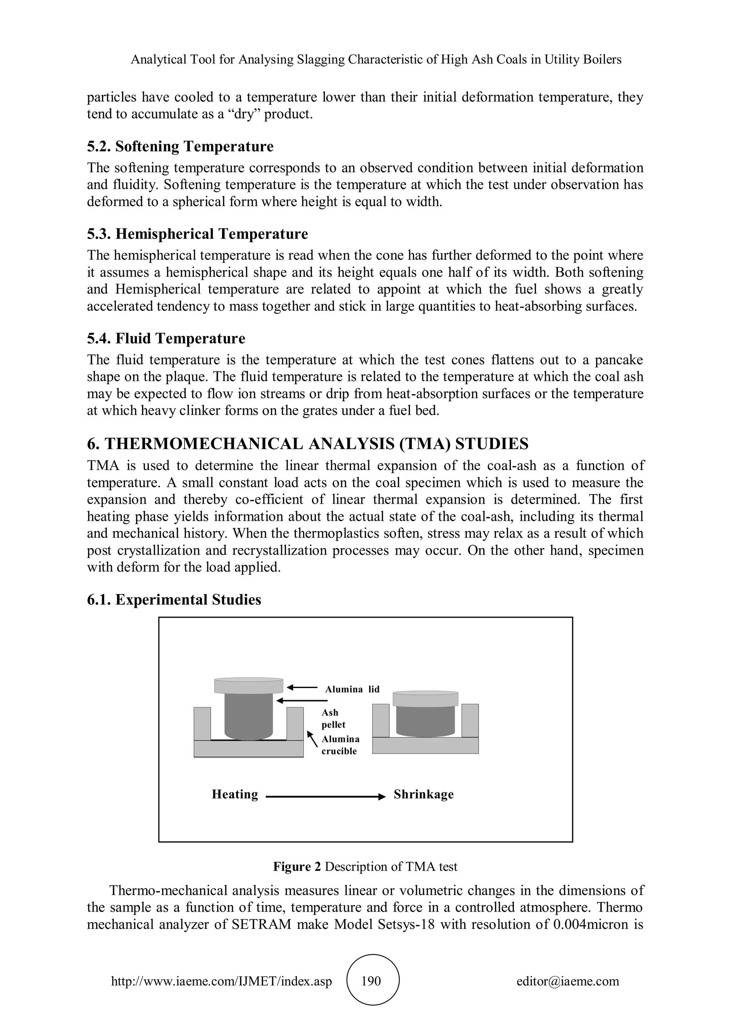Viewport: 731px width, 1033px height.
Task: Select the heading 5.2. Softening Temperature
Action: (x=180, y=147)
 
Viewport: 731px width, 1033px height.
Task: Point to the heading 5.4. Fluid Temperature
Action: (x=166, y=339)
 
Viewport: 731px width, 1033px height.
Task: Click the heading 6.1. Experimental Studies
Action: (x=174, y=600)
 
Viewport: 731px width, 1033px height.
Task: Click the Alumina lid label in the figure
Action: (x=352, y=689)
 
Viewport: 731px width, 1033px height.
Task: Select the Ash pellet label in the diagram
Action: (x=333, y=718)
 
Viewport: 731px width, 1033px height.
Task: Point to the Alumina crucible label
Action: (x=340, y=745)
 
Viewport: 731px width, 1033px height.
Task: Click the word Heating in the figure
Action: (x=235, y=794)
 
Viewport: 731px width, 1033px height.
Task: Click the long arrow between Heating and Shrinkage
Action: (x=326, y=797)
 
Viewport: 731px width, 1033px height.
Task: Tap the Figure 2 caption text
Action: (x=365, y=866)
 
